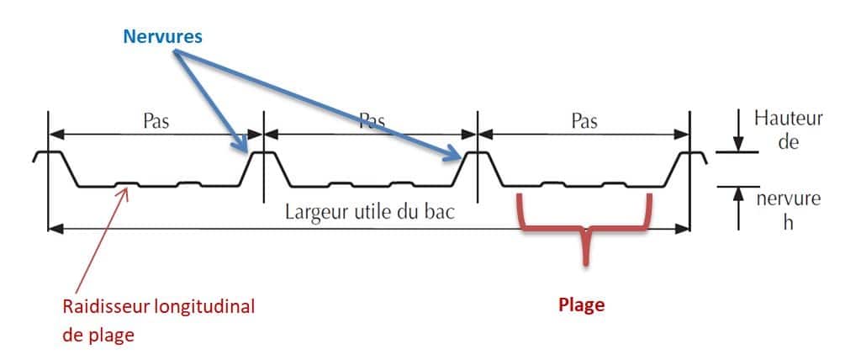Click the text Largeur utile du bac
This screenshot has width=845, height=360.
pos(371,211)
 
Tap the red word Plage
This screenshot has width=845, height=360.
pos(582,305)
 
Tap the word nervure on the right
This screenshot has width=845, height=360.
pos(788,200)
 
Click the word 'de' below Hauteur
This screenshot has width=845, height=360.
pos(788,142)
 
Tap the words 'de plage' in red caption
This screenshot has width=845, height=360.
pos(98,334)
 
